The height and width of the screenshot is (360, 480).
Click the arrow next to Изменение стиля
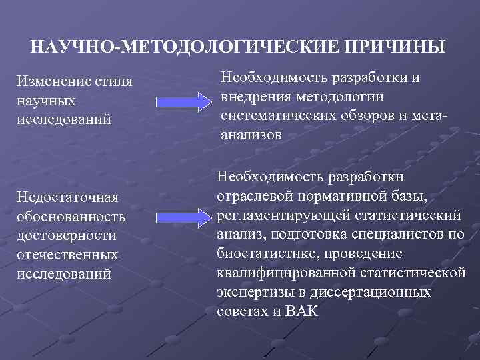tap(183, 102)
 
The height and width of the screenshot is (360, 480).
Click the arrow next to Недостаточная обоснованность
tap(183, 217)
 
